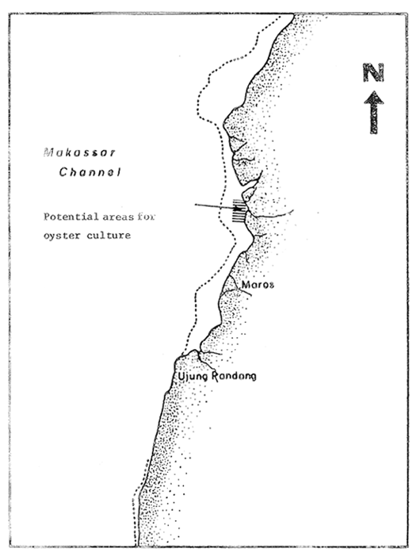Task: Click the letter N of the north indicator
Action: tap(373, 73)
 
